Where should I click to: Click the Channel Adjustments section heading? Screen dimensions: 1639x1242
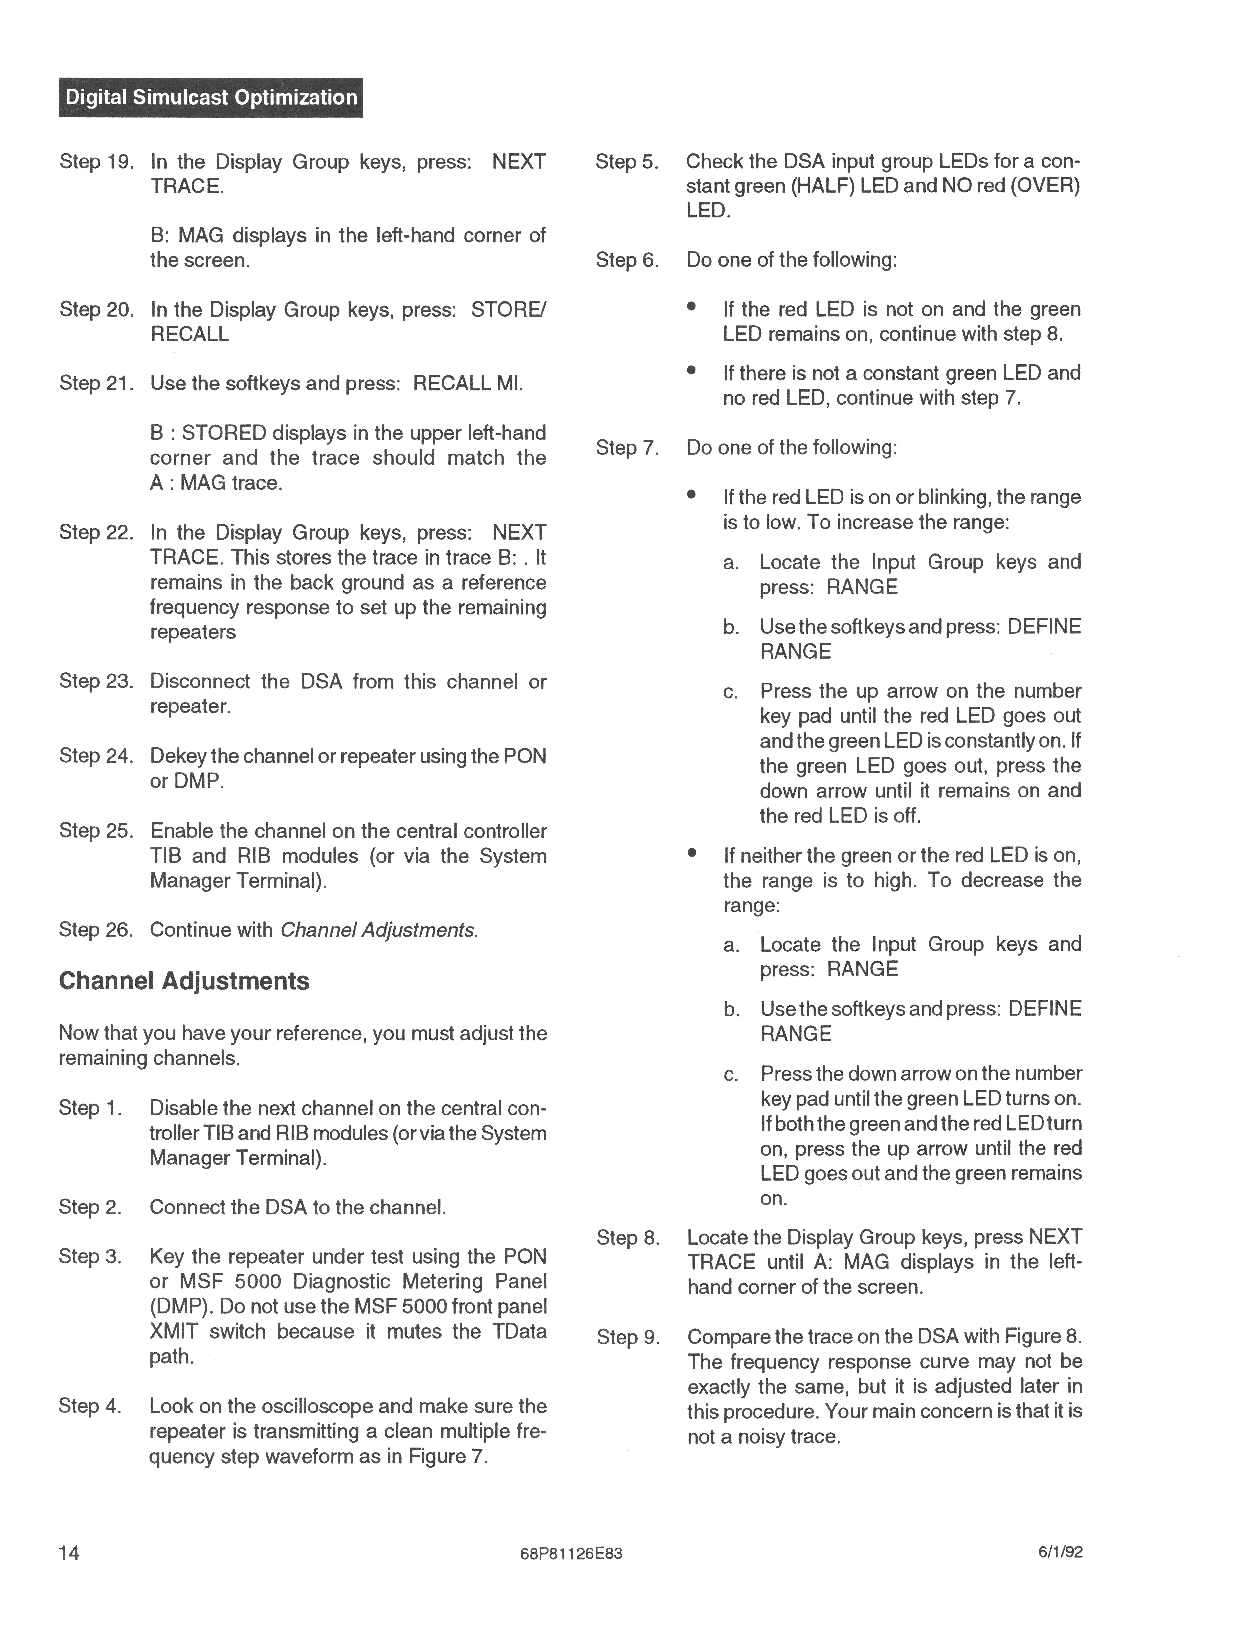tap(184, 981)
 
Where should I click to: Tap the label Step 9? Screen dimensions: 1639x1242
tap(628, 1337)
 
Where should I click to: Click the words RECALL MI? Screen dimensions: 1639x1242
tap(467, 384)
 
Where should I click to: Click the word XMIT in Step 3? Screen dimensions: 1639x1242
tap(174, 1332)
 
